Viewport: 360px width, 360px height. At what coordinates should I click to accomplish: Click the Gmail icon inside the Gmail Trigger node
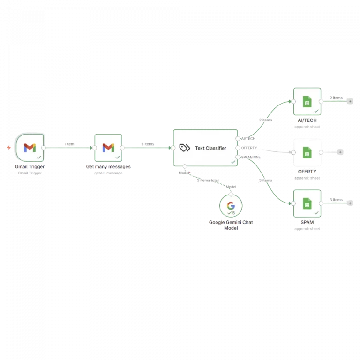tap(30, 148)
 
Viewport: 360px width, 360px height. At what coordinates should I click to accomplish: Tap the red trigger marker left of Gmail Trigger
tap(8, 148)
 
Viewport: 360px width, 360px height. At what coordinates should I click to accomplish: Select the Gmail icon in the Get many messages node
tap(108, 148)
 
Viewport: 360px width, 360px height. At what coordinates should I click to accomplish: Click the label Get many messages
tap(108, 167)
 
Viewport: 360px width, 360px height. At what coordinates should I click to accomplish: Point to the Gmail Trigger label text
tap(30, 167)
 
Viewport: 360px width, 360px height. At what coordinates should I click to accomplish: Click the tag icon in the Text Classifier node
tap(185, 148)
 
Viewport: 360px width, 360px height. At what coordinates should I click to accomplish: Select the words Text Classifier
tap(210, 148)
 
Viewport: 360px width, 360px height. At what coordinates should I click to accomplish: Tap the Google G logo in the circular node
tap(231, 205)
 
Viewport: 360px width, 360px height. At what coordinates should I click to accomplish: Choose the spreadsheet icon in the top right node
tap(307, 101)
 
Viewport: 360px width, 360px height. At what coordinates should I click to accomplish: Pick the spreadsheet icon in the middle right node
tap(307, 152)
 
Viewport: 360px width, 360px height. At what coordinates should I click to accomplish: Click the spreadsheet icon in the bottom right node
tap(307, 203)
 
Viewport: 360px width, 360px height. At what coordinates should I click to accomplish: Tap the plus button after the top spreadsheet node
tap(350, 101)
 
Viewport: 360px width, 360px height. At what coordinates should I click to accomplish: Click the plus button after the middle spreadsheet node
tap(340, 152)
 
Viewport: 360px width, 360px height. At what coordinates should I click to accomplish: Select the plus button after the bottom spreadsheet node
tap(350, 203)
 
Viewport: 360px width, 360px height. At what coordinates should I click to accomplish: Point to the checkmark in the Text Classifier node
tap(232, 162)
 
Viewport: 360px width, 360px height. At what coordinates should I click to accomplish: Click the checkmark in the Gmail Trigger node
tap(39, 157)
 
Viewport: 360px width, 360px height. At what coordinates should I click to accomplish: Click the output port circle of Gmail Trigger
tap(44, 148)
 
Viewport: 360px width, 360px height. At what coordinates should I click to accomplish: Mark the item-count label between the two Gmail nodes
tap(69, 144)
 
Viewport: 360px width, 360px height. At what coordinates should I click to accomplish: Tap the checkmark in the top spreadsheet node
tap(316, 111)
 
